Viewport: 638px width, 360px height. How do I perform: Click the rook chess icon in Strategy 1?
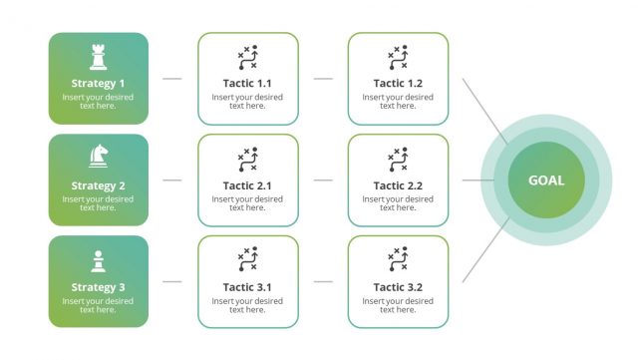click(98, 55)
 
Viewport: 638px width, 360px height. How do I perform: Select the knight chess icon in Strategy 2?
click(98, 157)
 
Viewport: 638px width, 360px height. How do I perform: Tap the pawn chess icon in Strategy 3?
click(98, 260)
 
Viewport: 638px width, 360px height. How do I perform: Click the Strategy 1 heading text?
click(98, 84)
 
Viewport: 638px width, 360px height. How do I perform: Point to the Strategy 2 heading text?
click(98, 185)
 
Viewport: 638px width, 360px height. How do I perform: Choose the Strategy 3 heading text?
click(98, 287)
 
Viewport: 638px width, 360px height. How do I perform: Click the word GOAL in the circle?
click(545, 180)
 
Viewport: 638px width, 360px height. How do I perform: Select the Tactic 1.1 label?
click(247, 84)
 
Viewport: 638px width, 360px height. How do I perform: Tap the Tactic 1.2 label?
click(398, 84)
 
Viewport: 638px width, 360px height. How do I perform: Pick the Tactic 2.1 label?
click(247, 185)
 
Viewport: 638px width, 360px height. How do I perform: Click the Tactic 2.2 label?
click(398, 185)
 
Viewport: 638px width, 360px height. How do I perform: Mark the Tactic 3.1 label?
click(247, 287)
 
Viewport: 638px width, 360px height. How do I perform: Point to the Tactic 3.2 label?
click(398, 287)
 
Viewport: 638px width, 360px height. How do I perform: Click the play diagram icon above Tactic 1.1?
click(247, 57)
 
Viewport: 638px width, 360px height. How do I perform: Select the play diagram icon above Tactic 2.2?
click(398, 159)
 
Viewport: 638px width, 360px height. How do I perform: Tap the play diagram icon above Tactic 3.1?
click(247, 260)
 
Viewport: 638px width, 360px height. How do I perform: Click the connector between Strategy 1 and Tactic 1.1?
click(172, 78)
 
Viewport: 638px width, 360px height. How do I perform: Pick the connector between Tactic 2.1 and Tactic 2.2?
click(323, 180)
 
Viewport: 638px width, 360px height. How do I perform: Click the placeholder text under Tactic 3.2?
click(398, 305)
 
